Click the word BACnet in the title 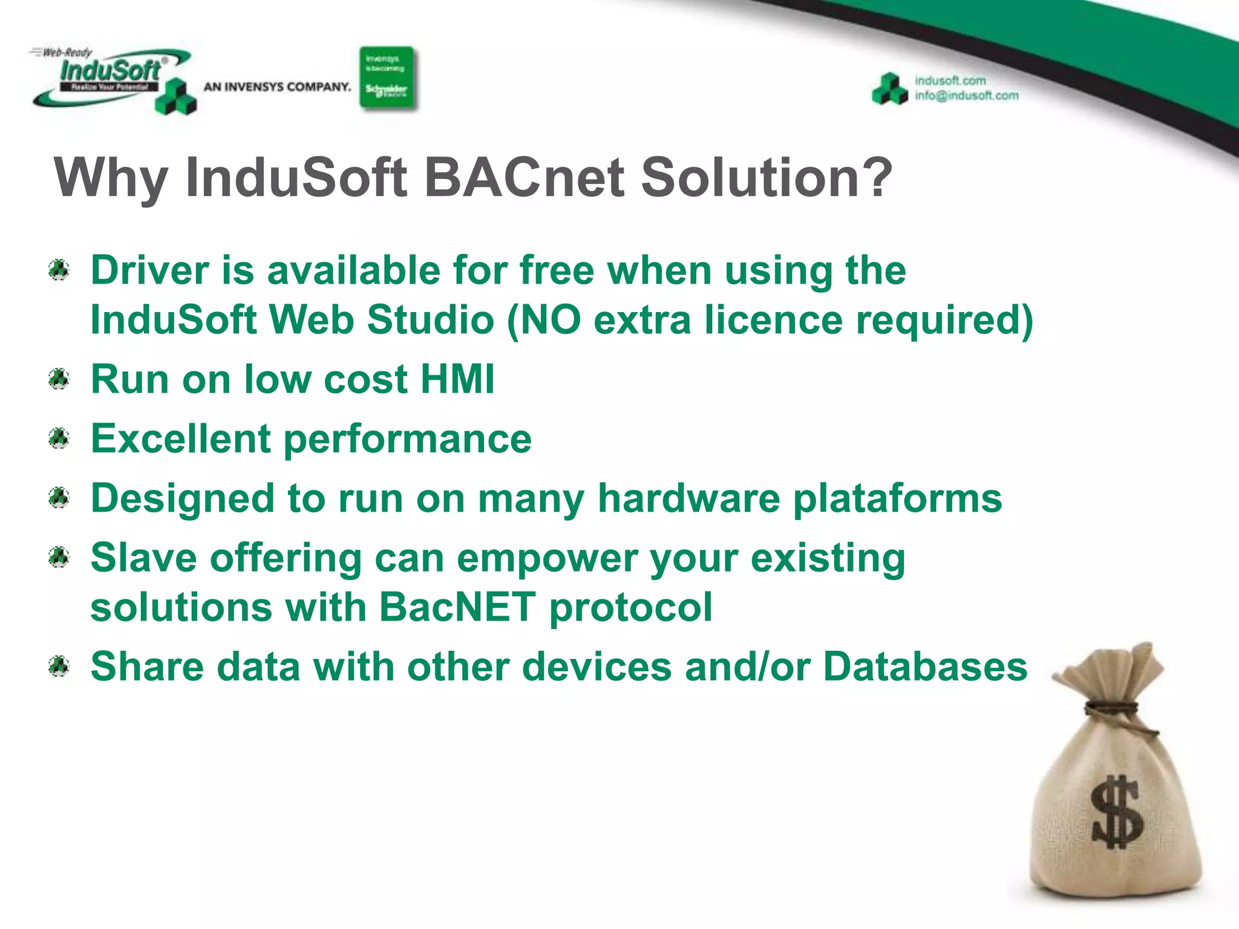[x=524, y=177]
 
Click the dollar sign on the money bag [x=1117, y=812]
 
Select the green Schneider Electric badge [x=387, y=79]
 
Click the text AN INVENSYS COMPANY [x=277, y=87]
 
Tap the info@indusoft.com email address [x=966, y=96]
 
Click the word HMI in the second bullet [x=457, y=380]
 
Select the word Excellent [x=180, y=438]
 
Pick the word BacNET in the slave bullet [x=457, y=607]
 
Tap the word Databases [x=925, y=667]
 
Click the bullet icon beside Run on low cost [x=59, y=380]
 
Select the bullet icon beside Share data [x=59, y=667]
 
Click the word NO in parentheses [x=550, y=320]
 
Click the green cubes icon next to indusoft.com [x=890, y=90]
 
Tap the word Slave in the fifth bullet [x=143, y=558]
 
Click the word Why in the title [x=110, y=178]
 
